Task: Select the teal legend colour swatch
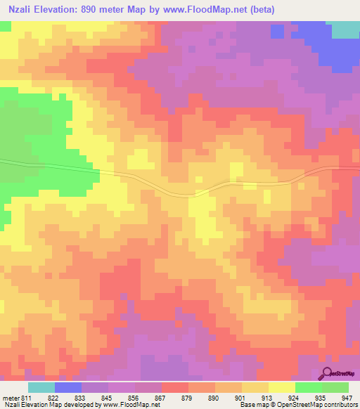[x=41, y=388]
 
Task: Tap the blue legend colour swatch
[x=68, y=388]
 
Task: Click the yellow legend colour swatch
[x=281, y=388]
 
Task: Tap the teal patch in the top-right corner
[x=345, y=29]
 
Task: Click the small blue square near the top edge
[x=277, y=32]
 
